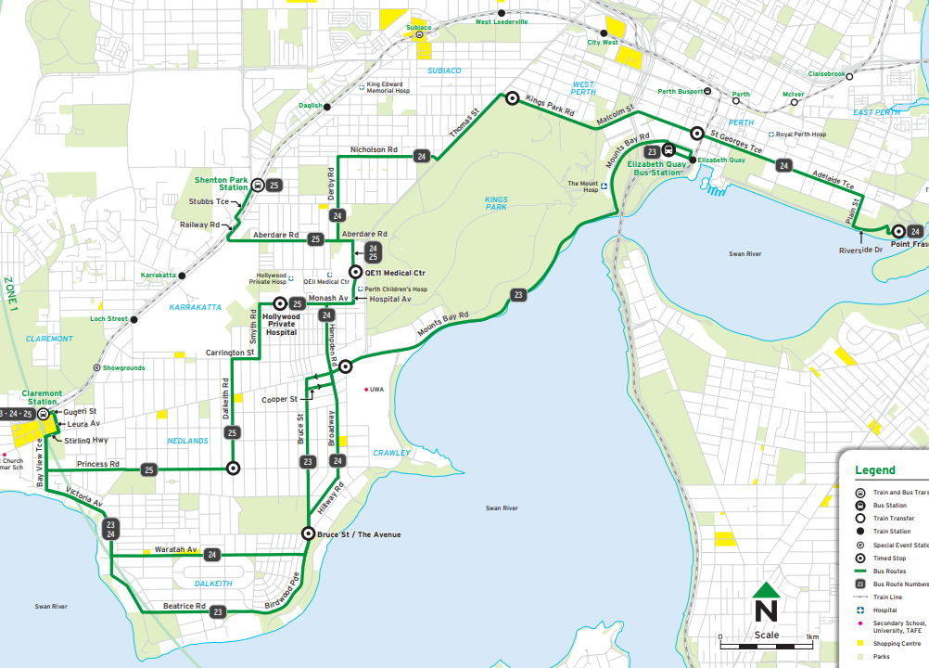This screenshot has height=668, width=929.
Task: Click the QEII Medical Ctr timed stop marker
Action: pos(355,272)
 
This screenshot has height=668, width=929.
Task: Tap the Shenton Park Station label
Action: pos(221,184)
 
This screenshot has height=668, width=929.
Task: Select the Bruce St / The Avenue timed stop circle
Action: pos(308,533)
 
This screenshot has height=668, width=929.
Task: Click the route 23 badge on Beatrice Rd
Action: pos(218,611)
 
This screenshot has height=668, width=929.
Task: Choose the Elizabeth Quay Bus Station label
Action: pos(655,168)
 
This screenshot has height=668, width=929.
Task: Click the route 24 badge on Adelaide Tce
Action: pos(783,166)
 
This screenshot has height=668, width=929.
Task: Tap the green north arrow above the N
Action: pos(765,590)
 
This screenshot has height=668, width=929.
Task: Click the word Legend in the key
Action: pos(874,470)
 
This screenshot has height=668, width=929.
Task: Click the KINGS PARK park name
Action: pos(497,202)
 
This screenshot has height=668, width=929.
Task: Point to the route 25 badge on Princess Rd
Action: pos(148,470)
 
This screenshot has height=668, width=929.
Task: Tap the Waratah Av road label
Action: pos(175,549)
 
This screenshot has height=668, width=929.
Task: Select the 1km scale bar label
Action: pos(812,636)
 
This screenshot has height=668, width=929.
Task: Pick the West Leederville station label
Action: pos(502,21)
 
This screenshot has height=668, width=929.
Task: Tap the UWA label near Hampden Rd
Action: pos(376,390)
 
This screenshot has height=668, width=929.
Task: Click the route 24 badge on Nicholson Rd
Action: pos(423,157)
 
